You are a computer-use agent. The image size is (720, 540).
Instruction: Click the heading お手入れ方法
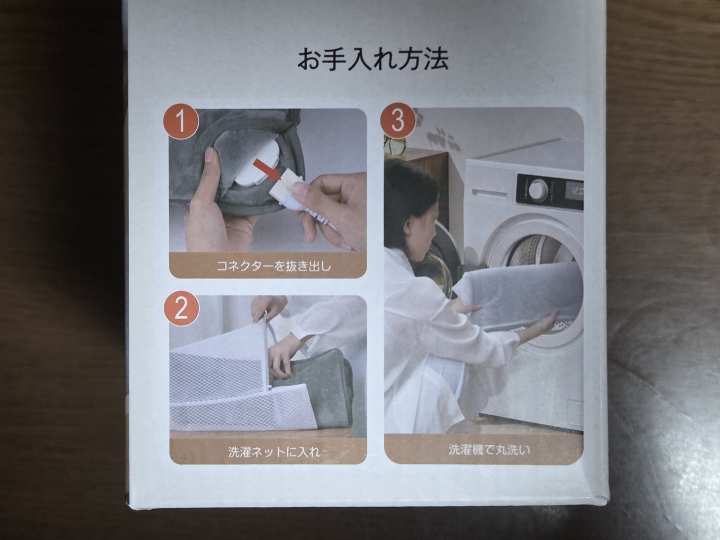[373, 60]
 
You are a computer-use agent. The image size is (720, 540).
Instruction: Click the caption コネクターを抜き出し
[268, 266]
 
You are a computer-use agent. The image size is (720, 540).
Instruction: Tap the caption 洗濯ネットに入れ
[268, 452]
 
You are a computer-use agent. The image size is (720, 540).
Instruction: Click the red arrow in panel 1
[266, 170]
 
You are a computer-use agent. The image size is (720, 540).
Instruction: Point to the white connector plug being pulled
[287, 188]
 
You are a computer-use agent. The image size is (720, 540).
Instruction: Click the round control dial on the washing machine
[538, 190]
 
